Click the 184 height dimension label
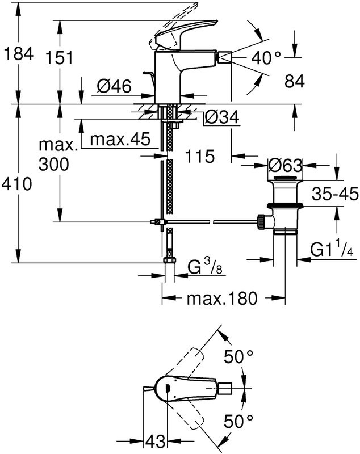pos(19,55)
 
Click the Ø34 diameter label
pos(221,117)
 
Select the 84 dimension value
pos(294,82)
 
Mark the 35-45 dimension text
pos(335,195)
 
